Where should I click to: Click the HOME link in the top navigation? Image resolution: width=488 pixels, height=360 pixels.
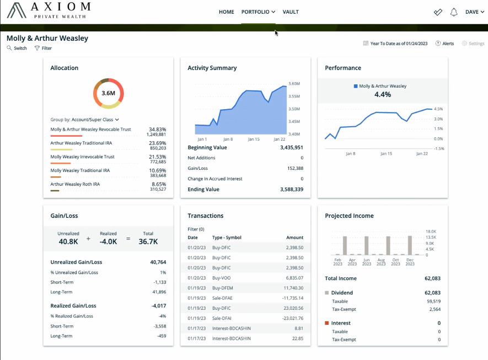[x=226, y=12]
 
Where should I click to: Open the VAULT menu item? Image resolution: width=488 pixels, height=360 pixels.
[x=291, y=12]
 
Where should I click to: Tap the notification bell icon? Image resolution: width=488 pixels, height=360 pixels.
[x=454, y=12]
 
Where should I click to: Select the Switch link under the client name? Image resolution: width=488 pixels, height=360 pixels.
[x=17, y=49]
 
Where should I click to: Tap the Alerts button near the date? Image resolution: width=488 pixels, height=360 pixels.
[x=445, y=44]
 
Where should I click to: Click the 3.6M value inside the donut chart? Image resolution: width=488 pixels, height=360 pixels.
[x=108, y=93]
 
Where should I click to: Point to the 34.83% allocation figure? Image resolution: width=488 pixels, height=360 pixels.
[x=157, y=130]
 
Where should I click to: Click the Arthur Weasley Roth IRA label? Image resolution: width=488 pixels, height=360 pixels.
[x=75, y=184]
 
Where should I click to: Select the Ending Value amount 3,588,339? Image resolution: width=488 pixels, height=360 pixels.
[x=291, y=190]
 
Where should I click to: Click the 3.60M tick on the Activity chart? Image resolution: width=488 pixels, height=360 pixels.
[x=294, y=84]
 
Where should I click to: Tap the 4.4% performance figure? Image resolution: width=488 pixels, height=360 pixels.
[x=382, y=95]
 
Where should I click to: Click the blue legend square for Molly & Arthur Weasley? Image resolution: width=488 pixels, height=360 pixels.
[x=356, y=87]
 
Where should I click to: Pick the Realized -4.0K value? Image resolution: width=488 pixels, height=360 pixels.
[x=108, y=241]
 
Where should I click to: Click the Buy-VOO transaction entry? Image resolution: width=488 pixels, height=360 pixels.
[x=221, y=278]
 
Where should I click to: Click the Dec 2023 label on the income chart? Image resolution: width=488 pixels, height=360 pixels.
[x=410, y=262]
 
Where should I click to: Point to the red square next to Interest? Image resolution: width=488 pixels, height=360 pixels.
[x=327, y=323]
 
